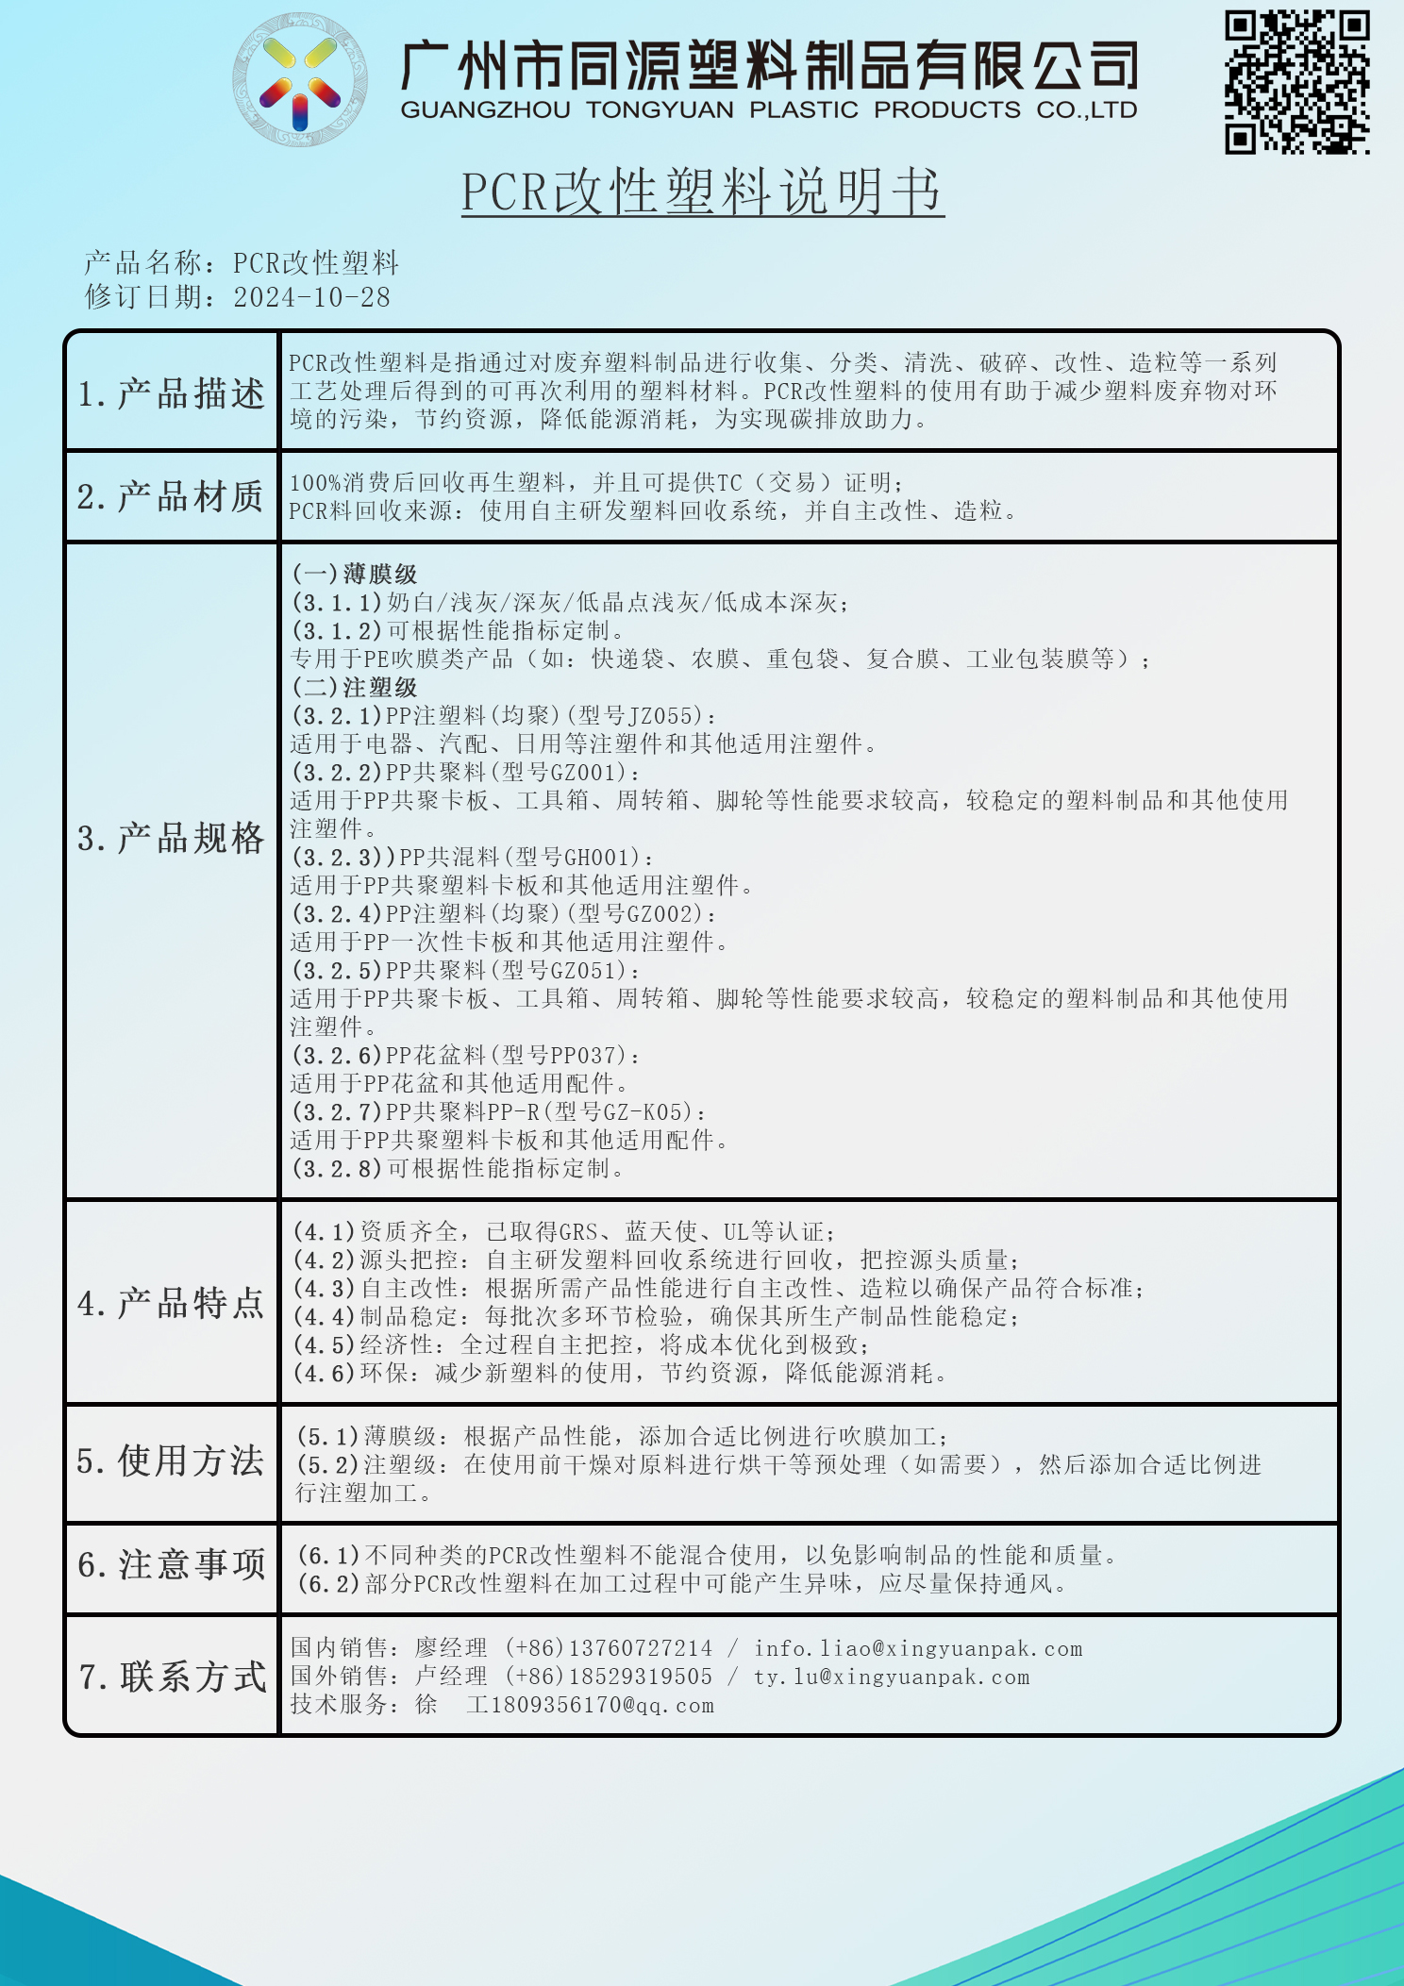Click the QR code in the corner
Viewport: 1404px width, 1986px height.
pyautogui.click(x=1297, y=82)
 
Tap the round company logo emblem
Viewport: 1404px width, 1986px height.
pyautogui.click(x=300, y=80)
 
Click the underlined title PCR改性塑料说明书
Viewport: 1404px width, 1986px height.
pyautogui.click(x=702, y=192)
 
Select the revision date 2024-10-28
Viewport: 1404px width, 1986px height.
pyautogui.click(x=311, y=297)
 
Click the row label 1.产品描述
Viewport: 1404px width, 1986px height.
pyautogui.click(x=172, y=393)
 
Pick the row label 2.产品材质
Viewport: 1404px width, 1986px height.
pyautogui.click(x=172, y=497)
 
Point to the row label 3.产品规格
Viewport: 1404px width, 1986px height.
pyautogui.click(x=172, y=839)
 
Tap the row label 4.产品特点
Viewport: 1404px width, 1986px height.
pyautogui.click(x=172, y=1304)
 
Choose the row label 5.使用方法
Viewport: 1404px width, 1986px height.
pyautogui.click(x=172, y=1461)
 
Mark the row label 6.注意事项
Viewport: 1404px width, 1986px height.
pyautogui.click(x=172, y=1565)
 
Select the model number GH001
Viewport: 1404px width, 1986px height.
pyautogui.click(x=596, y=858)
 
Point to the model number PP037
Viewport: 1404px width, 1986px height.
pyautogui.click(x=583, y=1056)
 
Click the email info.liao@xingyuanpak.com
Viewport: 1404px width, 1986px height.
pyautogui.click(x=917, y=1649)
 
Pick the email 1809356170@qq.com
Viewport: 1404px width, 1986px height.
pyautogui.click(x=602, y=1706)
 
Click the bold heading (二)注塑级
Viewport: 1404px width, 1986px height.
pyautogui.click(x=355, y=688)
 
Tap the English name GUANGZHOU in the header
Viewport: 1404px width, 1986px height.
pyautogui.click(x=485, y=110)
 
